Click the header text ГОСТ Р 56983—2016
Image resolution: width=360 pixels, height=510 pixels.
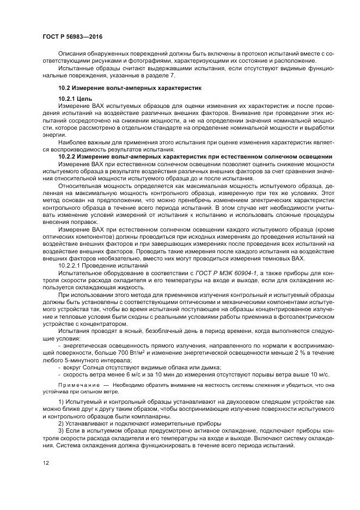pyautogui.click(x=72, y=37)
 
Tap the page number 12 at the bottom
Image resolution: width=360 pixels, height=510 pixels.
pyautogui.click(x=46, y=463)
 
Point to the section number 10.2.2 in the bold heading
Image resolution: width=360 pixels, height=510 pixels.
pyautogui.click(x=68, y=156)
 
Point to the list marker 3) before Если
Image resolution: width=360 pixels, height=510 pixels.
pyautogui.click(x=61, y=430)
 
